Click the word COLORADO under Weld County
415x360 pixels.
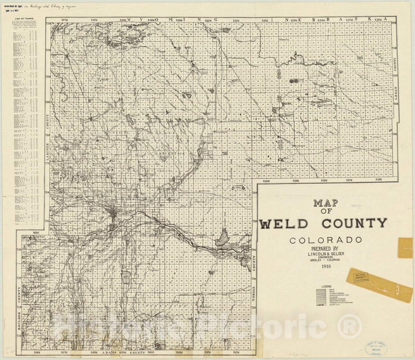pyautogui.click(x=326, y=240)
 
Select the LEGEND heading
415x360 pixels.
pyautogui.click(x=326, y=287)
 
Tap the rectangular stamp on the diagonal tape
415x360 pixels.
pyautogui.click(x=360, y=276)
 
